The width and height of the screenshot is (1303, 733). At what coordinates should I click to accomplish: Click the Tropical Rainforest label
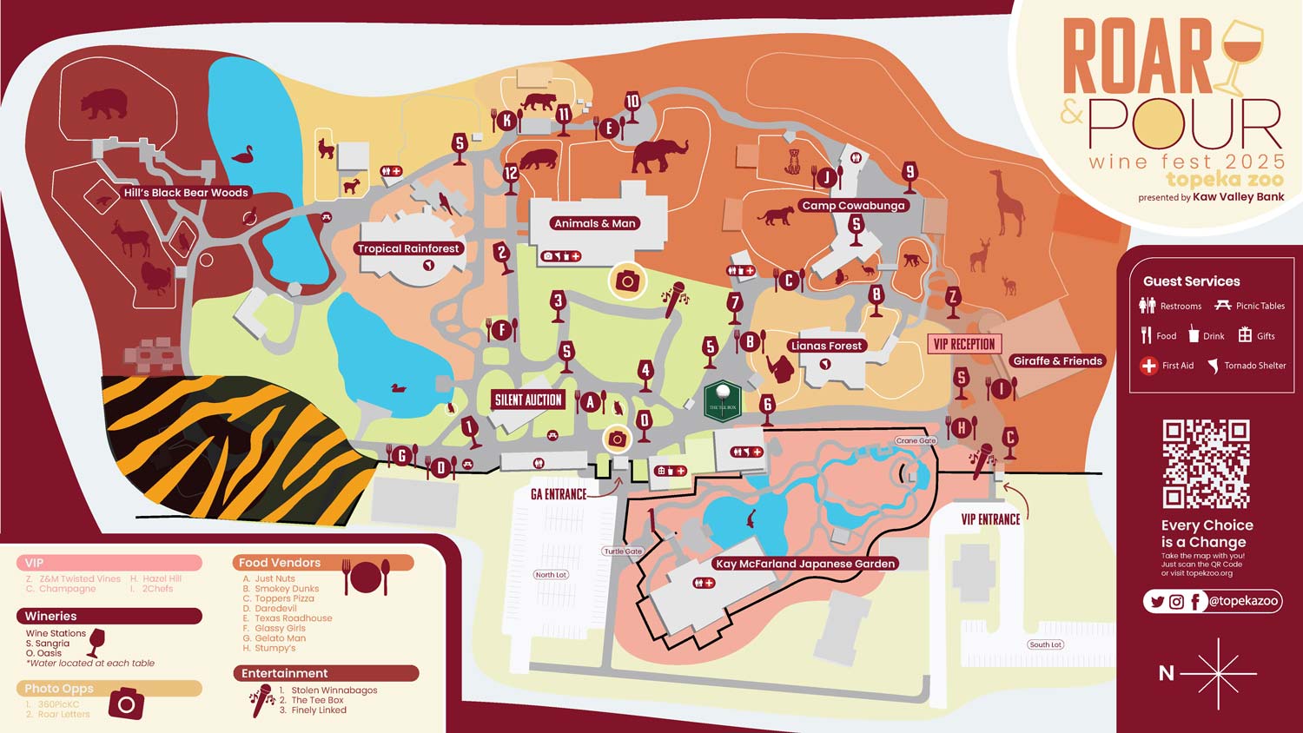tap(408, 248)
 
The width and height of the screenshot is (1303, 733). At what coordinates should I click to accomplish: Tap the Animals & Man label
tap(595, 223)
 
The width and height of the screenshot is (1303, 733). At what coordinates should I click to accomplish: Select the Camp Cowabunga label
tap(853, 206)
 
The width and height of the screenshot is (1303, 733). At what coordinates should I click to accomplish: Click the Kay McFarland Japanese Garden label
tap(804, 564)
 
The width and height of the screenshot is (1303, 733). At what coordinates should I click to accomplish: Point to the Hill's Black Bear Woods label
tap(186, 193)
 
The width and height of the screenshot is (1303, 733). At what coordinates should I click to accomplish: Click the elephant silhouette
tap(659, 155)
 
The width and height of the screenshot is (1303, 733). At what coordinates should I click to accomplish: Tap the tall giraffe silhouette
tap(1009, 202)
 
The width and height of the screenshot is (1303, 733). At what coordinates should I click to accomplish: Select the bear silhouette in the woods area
tap(104, 105)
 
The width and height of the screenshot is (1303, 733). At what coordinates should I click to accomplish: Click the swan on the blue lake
tap(242, 155)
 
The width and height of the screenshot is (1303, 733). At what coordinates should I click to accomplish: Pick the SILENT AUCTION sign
tap(528, 400)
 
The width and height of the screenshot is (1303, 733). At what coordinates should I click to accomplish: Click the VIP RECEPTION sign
tap(964, 344)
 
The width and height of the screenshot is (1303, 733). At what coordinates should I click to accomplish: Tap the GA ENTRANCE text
tap(559, 494)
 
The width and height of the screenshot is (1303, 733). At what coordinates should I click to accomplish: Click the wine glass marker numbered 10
tap(632, 103)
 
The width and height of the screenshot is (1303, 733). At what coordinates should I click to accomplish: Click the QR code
tap(1206, 464)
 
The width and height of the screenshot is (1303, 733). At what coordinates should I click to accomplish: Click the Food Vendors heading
tap(280, 563)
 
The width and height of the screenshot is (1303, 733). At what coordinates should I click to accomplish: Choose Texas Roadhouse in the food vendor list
tap(293, 618)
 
